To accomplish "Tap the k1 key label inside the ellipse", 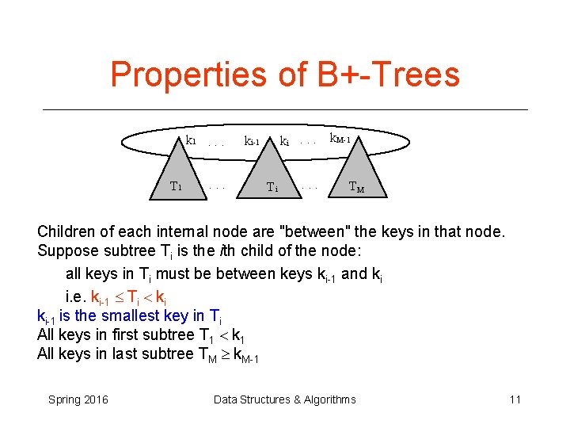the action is pos(191,140).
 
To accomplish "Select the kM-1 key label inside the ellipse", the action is pos(346,139).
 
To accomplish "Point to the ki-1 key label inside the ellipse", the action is pos(253,142).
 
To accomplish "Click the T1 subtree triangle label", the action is pos(177,187).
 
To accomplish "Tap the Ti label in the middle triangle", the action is pos(272,188).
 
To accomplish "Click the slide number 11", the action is pos(515,399).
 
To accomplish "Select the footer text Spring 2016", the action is pos(78,399).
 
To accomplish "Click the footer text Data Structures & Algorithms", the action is pos(285,399).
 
